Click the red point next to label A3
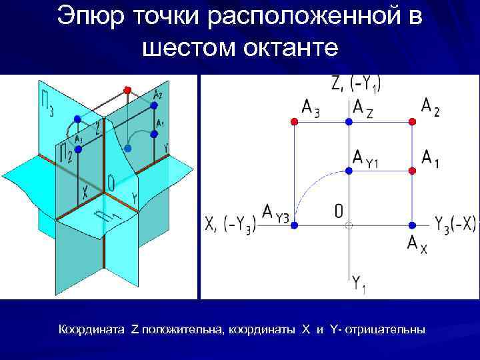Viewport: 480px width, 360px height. pos(295,121)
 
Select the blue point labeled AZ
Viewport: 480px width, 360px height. pos(348,121)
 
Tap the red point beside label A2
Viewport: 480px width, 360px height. pos(412,121)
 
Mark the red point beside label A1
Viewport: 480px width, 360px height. pos(412,171)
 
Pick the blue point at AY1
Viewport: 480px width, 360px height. pos(348,171)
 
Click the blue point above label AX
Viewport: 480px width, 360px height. pos(412,225)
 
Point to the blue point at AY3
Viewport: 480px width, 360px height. pos(295,225)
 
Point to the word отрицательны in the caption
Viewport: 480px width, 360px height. pos(385,330)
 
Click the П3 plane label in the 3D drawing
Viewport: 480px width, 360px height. pos(44,100)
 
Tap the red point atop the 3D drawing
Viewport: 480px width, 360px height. pos(127,89)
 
